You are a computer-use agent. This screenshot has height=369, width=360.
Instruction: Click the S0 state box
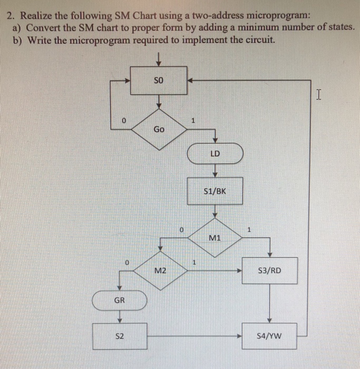click(x=158, y=81)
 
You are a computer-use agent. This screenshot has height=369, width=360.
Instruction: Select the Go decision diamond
click(x=159, y=129)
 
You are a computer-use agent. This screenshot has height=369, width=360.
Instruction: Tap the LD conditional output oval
click(x=215, y=154)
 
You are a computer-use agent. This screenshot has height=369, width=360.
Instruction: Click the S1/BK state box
click(x=215, y=191)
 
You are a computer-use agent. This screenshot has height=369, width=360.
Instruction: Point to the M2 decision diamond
click(x=161, y=270)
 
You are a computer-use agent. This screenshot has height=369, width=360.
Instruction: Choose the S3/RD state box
click(x=269, y=270)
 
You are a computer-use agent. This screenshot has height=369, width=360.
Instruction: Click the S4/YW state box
click(x=269, y=335)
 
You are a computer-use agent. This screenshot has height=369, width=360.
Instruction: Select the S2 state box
click(x=120, y=335)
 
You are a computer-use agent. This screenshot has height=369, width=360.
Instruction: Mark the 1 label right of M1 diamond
click(x=250, y=230)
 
